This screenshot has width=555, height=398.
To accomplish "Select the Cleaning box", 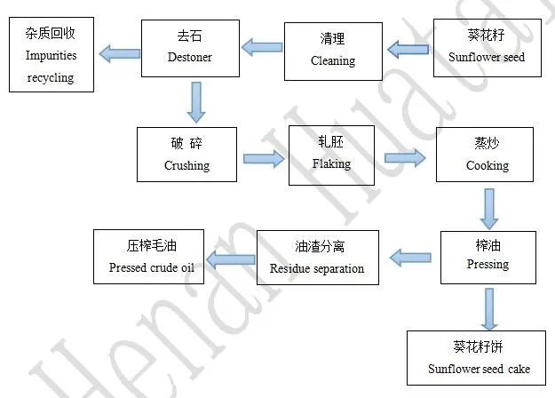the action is point(333,51).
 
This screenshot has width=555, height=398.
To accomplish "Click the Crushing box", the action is point(187,155).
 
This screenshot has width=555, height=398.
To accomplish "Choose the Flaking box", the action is point(331,155).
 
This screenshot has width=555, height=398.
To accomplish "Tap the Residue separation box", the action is point(317,258).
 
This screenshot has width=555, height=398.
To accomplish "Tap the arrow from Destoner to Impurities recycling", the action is point(119,54).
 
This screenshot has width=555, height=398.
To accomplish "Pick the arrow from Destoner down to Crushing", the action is point(196,101).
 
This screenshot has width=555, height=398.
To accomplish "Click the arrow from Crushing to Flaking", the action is point(264,159).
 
